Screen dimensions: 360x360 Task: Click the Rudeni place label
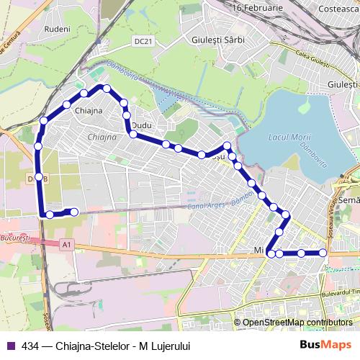(x=58, y=29)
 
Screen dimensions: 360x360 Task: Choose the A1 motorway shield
(x=67, y=246)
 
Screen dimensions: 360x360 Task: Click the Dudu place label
(x=142, y=125)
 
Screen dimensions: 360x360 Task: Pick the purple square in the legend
(x=9, y=346)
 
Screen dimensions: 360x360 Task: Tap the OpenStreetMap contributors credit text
(x=297, y=323)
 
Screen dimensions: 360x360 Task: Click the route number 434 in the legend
(x=30, y=346)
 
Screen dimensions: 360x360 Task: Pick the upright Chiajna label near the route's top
(x=88, y=110)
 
